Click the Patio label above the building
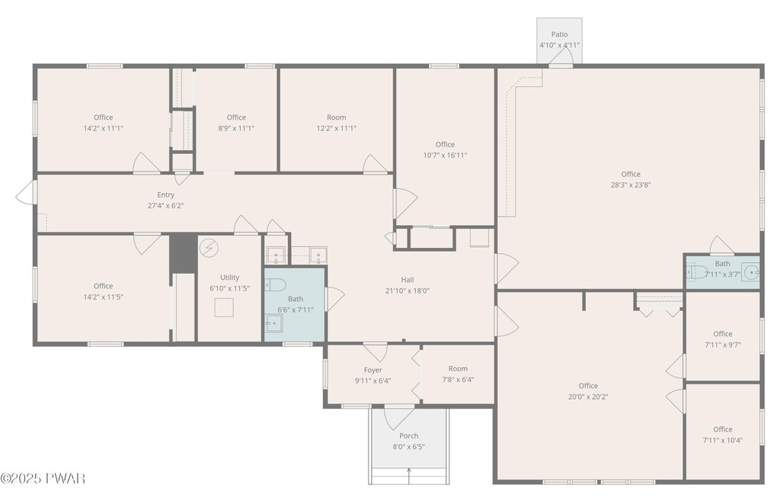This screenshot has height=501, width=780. click(559, 34)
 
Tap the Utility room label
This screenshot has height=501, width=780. click(230, 278)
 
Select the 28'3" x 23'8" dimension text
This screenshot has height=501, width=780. click(631, 185)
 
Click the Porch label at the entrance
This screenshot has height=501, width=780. click(409, 435)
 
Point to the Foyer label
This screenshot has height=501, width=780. click(372, 370)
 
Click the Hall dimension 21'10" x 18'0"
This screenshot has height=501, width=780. click(408, 291)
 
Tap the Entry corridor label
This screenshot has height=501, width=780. click(165, 194)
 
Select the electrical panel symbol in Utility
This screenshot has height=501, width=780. click(210, 247)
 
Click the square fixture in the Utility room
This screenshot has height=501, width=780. click(224, 307)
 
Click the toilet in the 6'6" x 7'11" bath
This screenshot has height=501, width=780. click(275, 285)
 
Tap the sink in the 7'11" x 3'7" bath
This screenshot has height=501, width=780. click(750, 272)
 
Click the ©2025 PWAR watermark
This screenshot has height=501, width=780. click(43, 479)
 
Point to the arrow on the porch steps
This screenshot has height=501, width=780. click(409, 476)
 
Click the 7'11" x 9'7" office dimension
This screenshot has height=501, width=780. click(723, 345)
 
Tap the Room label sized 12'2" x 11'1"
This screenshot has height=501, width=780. click(336, 117)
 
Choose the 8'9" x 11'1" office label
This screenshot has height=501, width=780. click(236, 117)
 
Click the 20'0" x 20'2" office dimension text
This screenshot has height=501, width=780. click(588, 397)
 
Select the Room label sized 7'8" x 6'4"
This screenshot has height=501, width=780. click(458, 368)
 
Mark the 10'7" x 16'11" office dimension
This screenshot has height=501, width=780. click(445, 156)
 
